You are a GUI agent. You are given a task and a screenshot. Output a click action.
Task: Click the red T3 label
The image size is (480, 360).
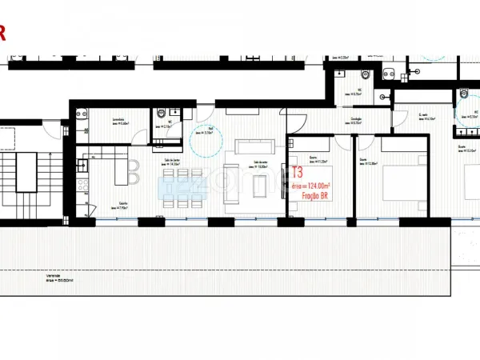tap(298, 172)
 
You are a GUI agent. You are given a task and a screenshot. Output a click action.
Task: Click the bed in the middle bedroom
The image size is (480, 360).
tap(399, 182)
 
